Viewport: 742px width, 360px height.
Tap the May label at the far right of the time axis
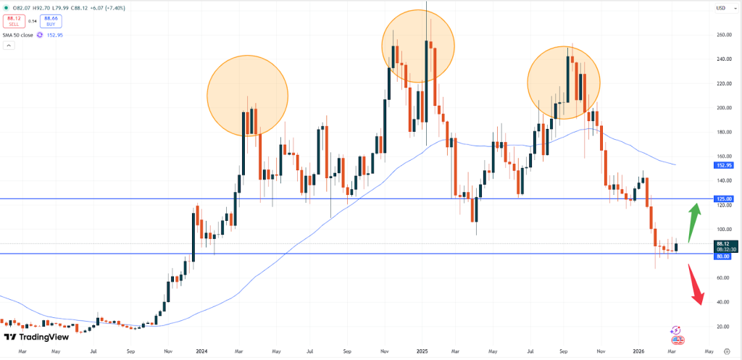tap(707, 351)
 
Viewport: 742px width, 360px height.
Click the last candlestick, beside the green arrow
tap(677, 247)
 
